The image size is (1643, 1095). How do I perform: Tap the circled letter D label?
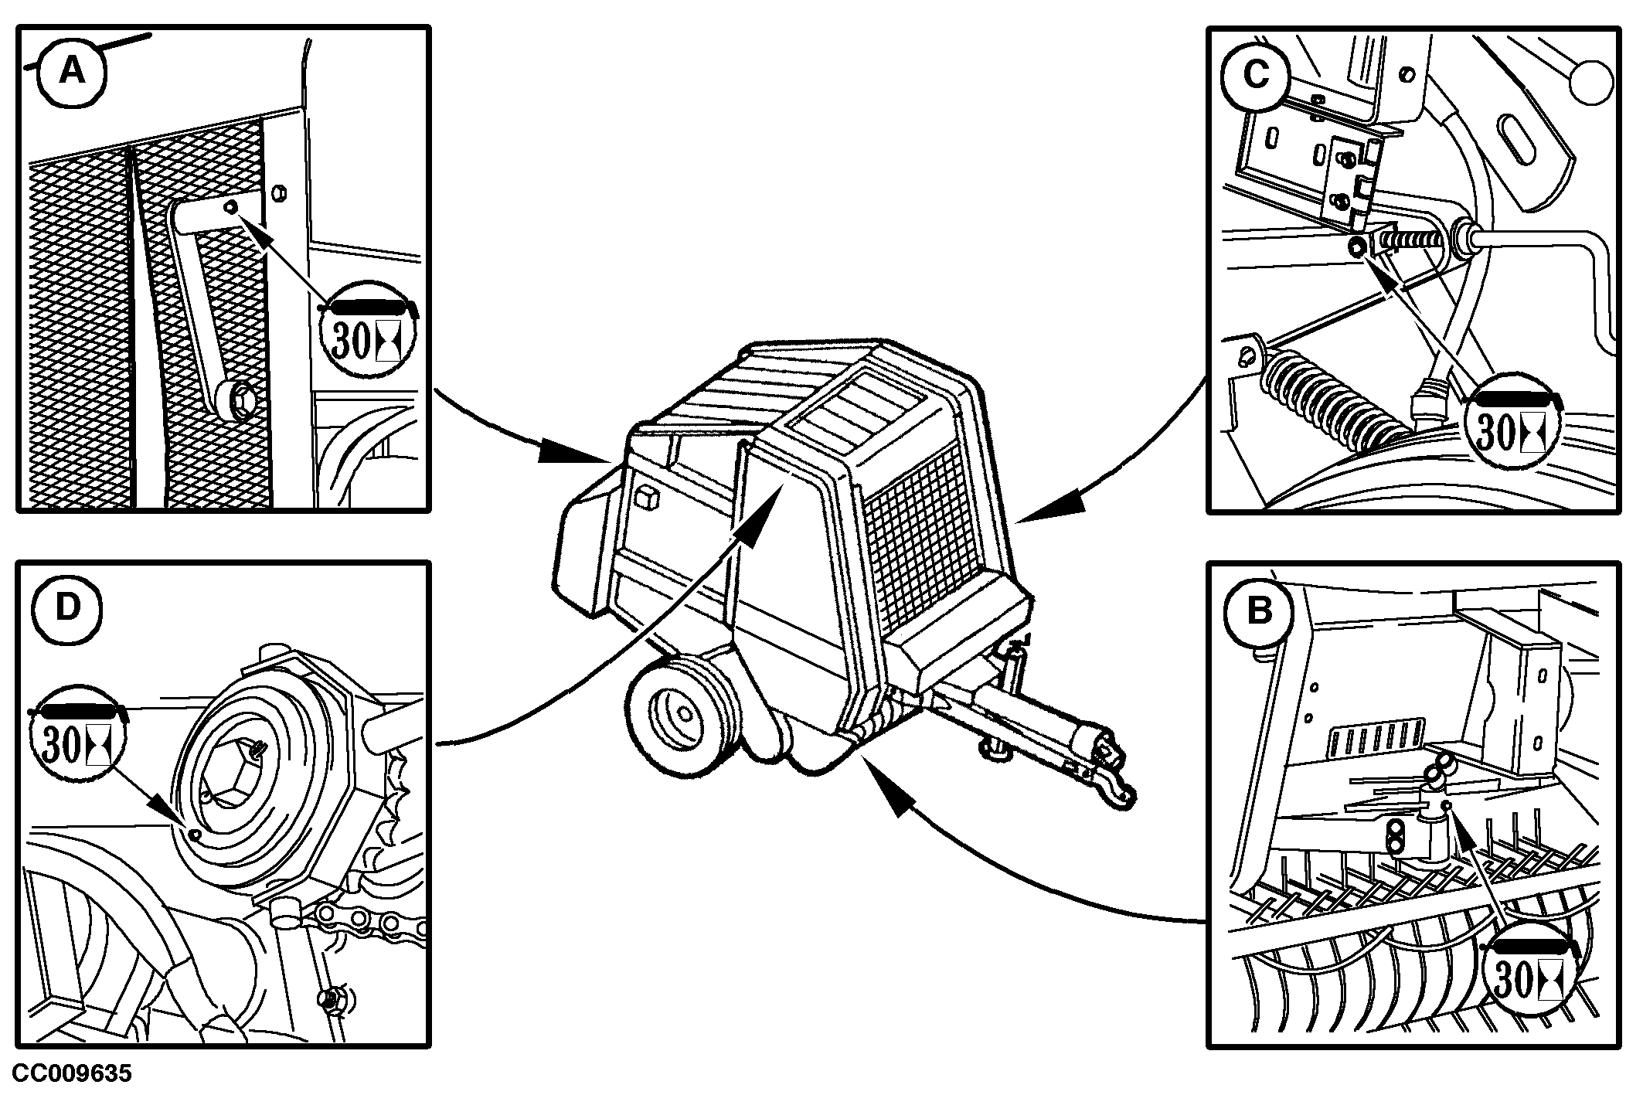pos(68,608)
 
